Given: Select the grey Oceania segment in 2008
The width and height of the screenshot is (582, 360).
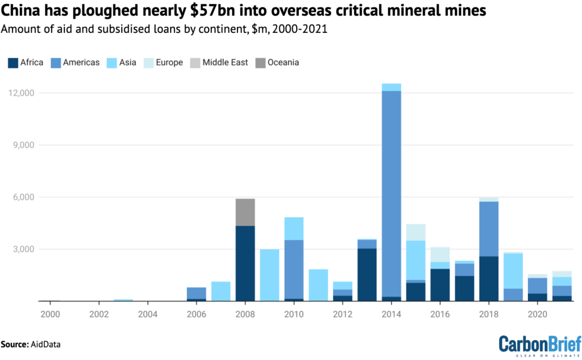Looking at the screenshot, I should coord(245,212).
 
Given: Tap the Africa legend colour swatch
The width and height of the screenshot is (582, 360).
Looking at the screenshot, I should coord(12,63).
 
